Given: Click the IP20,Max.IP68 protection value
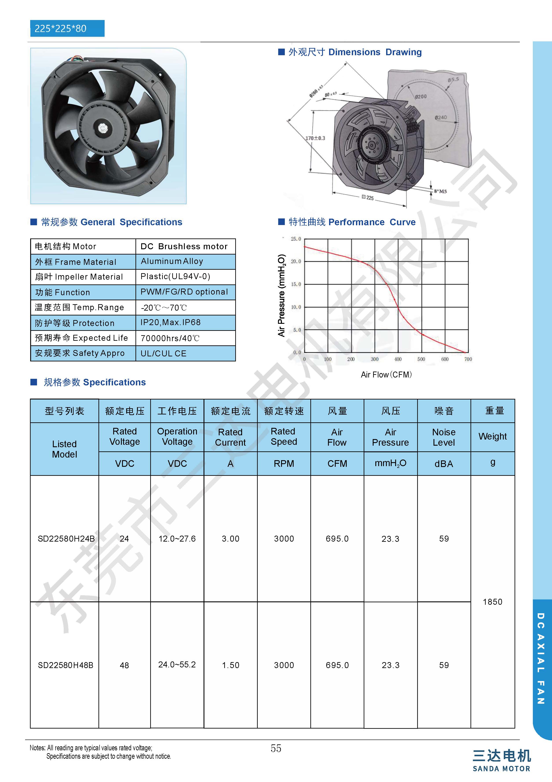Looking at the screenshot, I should point(170,322).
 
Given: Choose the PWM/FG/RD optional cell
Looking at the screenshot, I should point(184,292).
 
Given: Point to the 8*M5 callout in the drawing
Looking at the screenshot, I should point(440,191).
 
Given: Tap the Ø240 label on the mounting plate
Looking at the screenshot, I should point(441,117).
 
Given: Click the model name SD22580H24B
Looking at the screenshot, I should point(66,538).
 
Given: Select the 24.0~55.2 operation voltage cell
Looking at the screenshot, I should point(177,665).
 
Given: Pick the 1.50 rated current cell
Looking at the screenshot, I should point(230,665).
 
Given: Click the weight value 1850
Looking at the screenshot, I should point(492,602).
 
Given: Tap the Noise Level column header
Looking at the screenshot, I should point(444,437).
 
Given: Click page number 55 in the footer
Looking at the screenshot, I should point(276,748).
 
